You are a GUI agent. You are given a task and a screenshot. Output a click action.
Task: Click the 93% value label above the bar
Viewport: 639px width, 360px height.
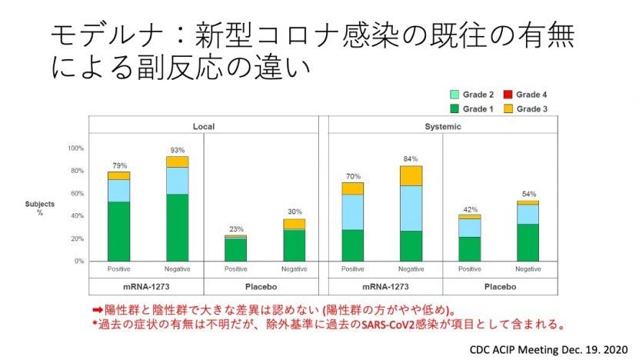point(177,150)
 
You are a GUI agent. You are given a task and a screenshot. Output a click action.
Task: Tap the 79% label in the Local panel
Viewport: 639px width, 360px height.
point(118,165)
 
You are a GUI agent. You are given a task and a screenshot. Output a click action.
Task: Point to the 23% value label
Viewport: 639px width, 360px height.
point(235,228)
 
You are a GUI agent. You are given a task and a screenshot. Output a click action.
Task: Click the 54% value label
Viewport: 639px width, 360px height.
point(528,194)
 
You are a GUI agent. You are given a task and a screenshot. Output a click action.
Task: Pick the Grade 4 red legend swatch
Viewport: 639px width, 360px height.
point(507,95)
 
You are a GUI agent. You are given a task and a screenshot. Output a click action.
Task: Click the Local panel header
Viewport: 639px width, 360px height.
point(203,125)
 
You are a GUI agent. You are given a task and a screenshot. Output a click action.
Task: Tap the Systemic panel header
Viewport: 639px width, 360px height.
point(442,125)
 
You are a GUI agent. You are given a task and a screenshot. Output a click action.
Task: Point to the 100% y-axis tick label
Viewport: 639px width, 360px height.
point(75,148)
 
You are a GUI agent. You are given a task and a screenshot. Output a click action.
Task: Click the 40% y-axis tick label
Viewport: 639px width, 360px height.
point(77,216)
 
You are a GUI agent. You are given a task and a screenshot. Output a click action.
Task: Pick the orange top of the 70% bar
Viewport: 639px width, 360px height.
point(353,188)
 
